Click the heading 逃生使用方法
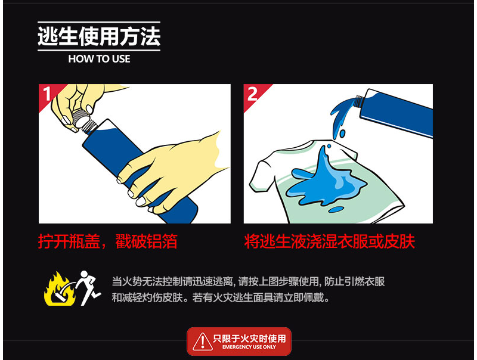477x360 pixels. (x=99, y=36)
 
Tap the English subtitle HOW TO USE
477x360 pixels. (x=99, y=58)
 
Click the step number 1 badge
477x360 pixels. (x=47, y=94)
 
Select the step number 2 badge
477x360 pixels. (x=252, y=94)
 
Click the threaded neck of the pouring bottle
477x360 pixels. (x=358, y=101)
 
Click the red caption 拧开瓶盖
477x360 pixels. (x=69, y=242)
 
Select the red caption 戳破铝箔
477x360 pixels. (x=146, y=242)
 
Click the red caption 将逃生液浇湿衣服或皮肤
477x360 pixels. (x=330, y=242)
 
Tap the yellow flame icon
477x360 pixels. (x=59, y=290)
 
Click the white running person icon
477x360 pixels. (x=88, y=288)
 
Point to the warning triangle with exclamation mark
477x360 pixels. (x=203, y=342)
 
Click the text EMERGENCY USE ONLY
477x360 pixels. (x=249, y=347)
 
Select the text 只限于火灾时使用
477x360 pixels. (x=249, y=339)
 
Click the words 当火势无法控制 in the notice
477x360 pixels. (x=142, y=281)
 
